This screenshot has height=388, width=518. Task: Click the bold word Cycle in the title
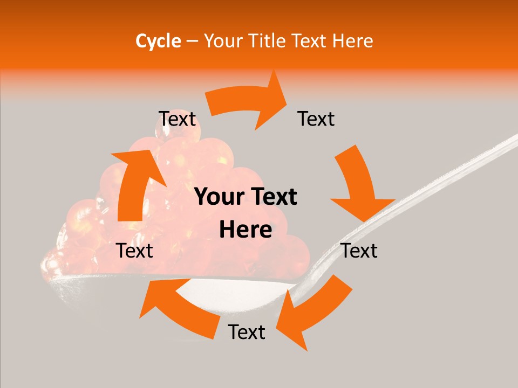[158, 41]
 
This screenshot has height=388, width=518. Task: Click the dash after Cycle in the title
[192, 41]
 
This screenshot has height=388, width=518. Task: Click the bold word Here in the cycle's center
[246, 230]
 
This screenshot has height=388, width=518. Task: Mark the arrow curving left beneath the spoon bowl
[178, 305]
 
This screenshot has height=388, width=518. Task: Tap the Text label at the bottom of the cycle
[247, 332]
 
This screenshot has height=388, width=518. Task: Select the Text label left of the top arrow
[177, 119]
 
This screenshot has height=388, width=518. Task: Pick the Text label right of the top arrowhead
[316, 119]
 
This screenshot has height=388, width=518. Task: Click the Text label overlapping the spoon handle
[359, 251]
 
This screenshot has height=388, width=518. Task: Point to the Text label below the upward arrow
[135, 251]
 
